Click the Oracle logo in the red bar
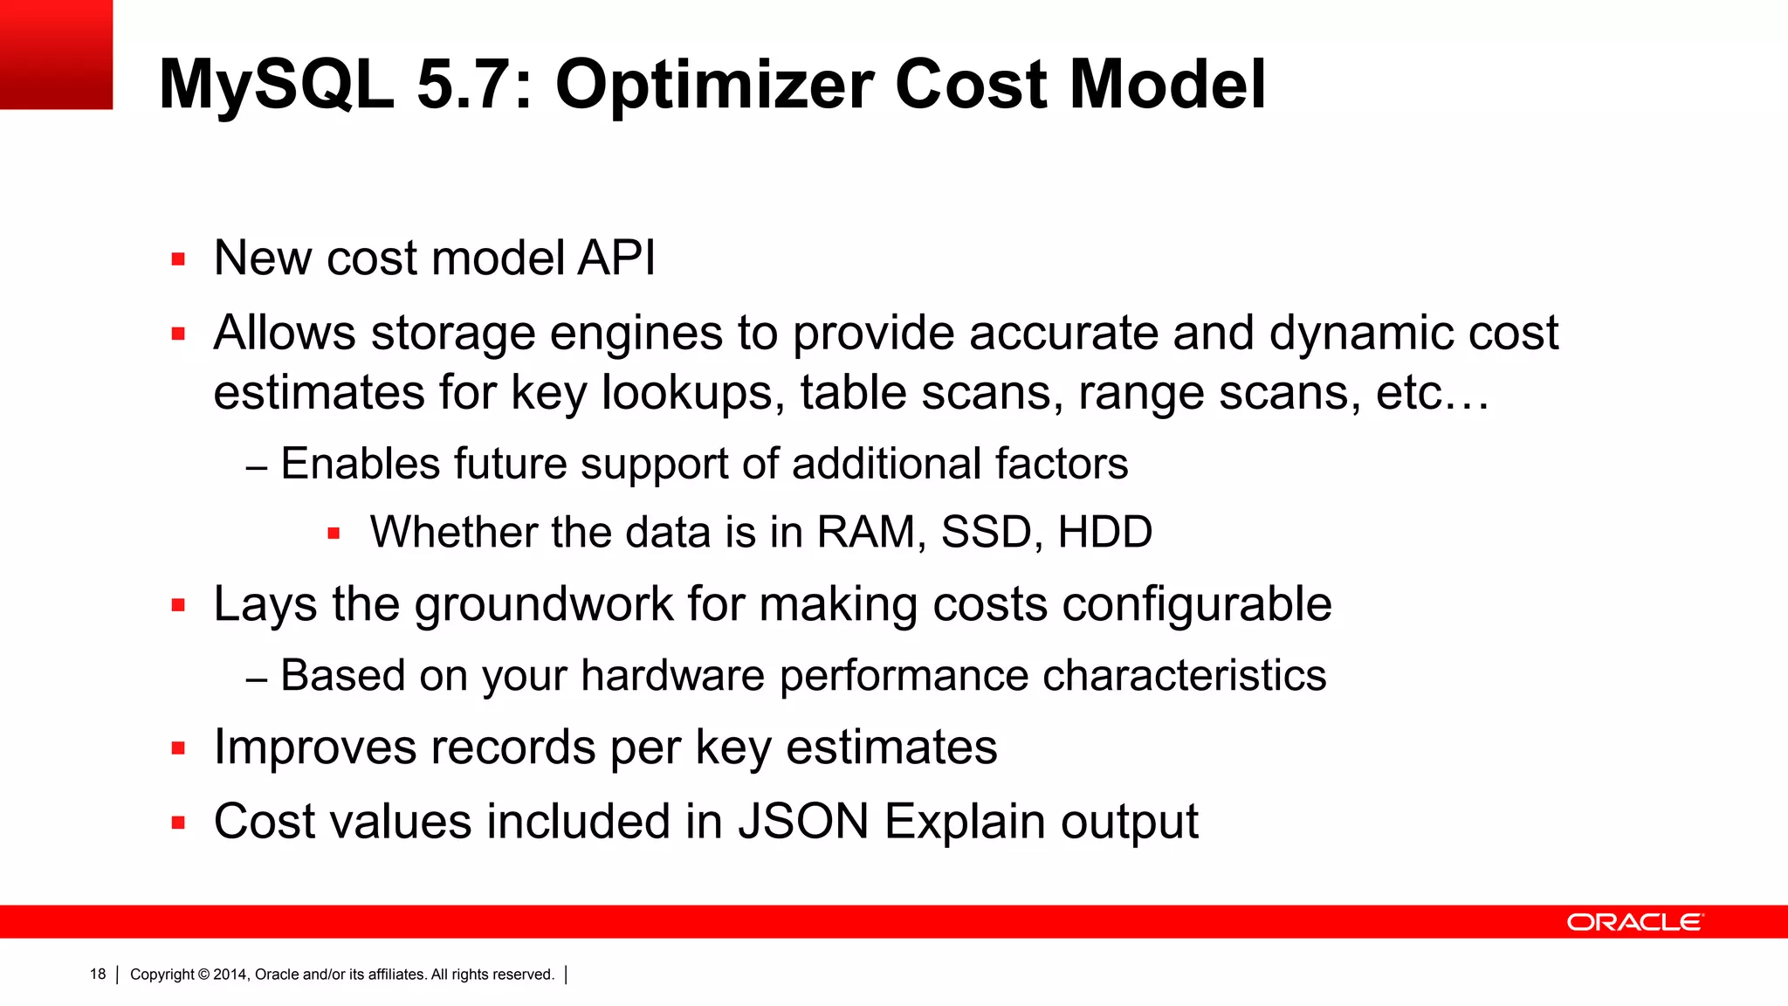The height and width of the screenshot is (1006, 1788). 1634,922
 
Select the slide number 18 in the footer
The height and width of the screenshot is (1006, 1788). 98,974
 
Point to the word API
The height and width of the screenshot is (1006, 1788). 615,258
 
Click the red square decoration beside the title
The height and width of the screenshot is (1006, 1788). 56,54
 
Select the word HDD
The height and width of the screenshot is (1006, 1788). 1104,532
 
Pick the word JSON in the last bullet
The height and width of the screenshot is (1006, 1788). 803,822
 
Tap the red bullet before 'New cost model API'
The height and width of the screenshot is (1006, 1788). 179,259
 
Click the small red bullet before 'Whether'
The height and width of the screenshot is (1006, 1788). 334,533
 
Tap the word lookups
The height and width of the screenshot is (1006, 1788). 687,393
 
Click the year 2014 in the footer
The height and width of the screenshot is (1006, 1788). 230,975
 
